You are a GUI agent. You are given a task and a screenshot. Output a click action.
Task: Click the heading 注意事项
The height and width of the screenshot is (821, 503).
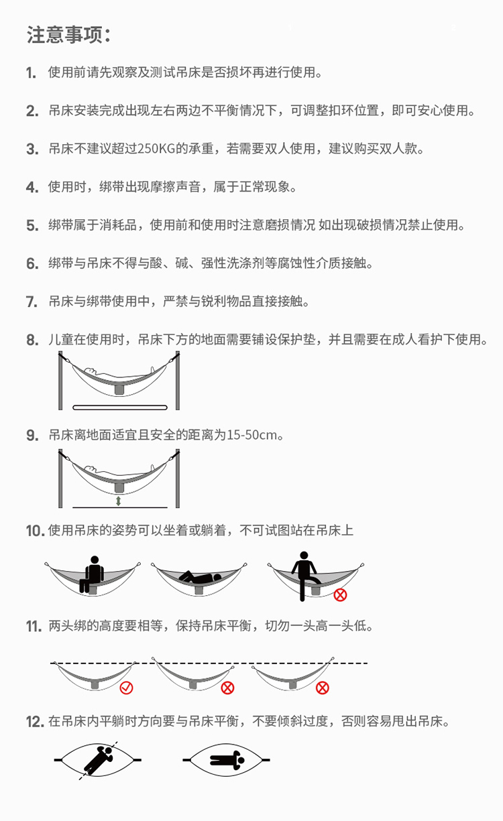pos(68,35)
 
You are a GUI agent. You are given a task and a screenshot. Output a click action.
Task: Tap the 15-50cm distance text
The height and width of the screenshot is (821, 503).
pos(252,435)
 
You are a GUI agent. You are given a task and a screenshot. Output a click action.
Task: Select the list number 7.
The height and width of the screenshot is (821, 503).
pos(32,302)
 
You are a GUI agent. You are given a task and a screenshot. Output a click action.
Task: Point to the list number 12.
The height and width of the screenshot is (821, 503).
pos(36,722)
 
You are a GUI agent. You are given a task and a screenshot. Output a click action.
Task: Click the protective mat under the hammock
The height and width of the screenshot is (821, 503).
pos(120,407)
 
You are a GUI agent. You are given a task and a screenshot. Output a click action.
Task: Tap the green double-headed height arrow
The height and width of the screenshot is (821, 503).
pos(118,501)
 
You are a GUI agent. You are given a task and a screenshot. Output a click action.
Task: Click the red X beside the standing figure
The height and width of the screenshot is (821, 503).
pos(340,594)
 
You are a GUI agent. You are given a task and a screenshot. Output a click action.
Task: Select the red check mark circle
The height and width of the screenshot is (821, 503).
pos(126,688)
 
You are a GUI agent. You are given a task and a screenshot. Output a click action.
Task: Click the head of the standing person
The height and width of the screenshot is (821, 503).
pos(304,556)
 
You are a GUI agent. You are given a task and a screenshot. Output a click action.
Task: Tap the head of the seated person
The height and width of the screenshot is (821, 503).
pos(95,560)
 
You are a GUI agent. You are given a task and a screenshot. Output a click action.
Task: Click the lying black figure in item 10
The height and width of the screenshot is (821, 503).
pos(200,577)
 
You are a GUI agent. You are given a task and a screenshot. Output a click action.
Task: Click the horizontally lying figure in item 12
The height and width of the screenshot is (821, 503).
pos(227,760)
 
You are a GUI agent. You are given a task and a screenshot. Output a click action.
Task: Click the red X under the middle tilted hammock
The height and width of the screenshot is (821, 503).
pos(227,688)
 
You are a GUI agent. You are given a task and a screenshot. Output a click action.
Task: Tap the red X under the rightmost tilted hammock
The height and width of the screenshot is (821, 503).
pos(323,688)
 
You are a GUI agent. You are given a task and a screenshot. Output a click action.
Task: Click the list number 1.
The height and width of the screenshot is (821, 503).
pos(31,72)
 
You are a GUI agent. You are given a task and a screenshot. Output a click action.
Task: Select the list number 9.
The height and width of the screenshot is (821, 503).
pos(32,436)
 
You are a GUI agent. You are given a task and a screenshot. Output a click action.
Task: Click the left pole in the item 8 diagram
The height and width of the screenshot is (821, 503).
pos(60,381)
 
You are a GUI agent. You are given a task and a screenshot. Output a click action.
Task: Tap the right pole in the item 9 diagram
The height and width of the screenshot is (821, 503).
pos(178,479)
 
